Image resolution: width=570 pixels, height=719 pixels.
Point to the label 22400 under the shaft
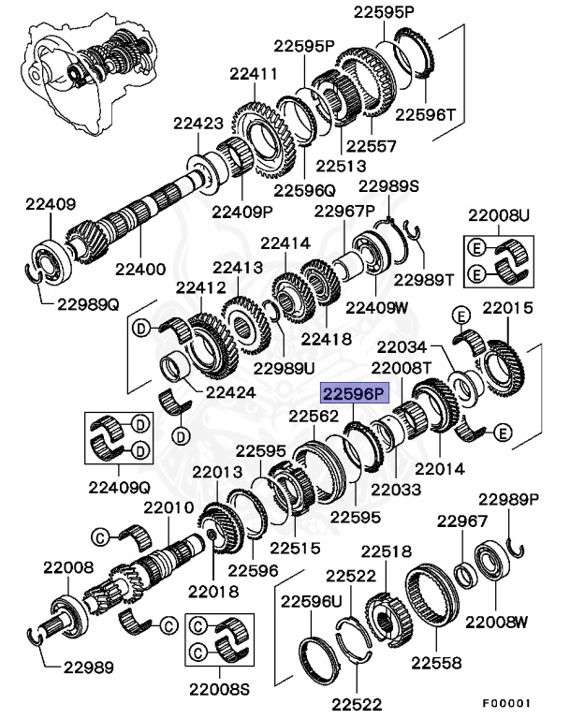[140, 269]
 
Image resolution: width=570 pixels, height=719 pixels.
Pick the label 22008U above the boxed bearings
[499, 216]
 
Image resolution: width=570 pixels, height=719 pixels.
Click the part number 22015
[507, 306]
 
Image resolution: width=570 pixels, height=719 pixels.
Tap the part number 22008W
[497, 621]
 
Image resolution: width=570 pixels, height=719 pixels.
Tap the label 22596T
[424, 115]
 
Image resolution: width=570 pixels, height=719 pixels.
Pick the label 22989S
[389, 185]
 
